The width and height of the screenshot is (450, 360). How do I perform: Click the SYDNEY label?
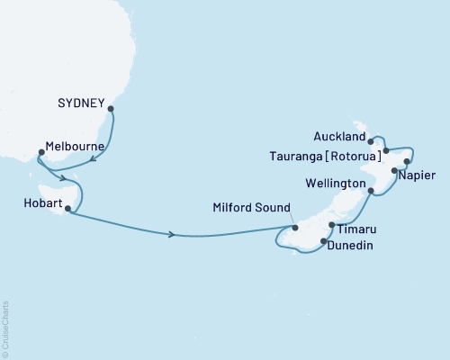81,102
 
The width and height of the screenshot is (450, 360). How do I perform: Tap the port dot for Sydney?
111,110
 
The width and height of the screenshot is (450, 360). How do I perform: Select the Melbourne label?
65,146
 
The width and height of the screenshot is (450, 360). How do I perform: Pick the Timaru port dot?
331,225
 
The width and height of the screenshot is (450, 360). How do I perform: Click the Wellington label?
334,183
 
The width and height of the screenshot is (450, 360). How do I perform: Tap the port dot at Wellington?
371,191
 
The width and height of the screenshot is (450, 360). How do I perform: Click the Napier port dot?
394,170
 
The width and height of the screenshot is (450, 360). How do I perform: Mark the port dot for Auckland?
372,141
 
